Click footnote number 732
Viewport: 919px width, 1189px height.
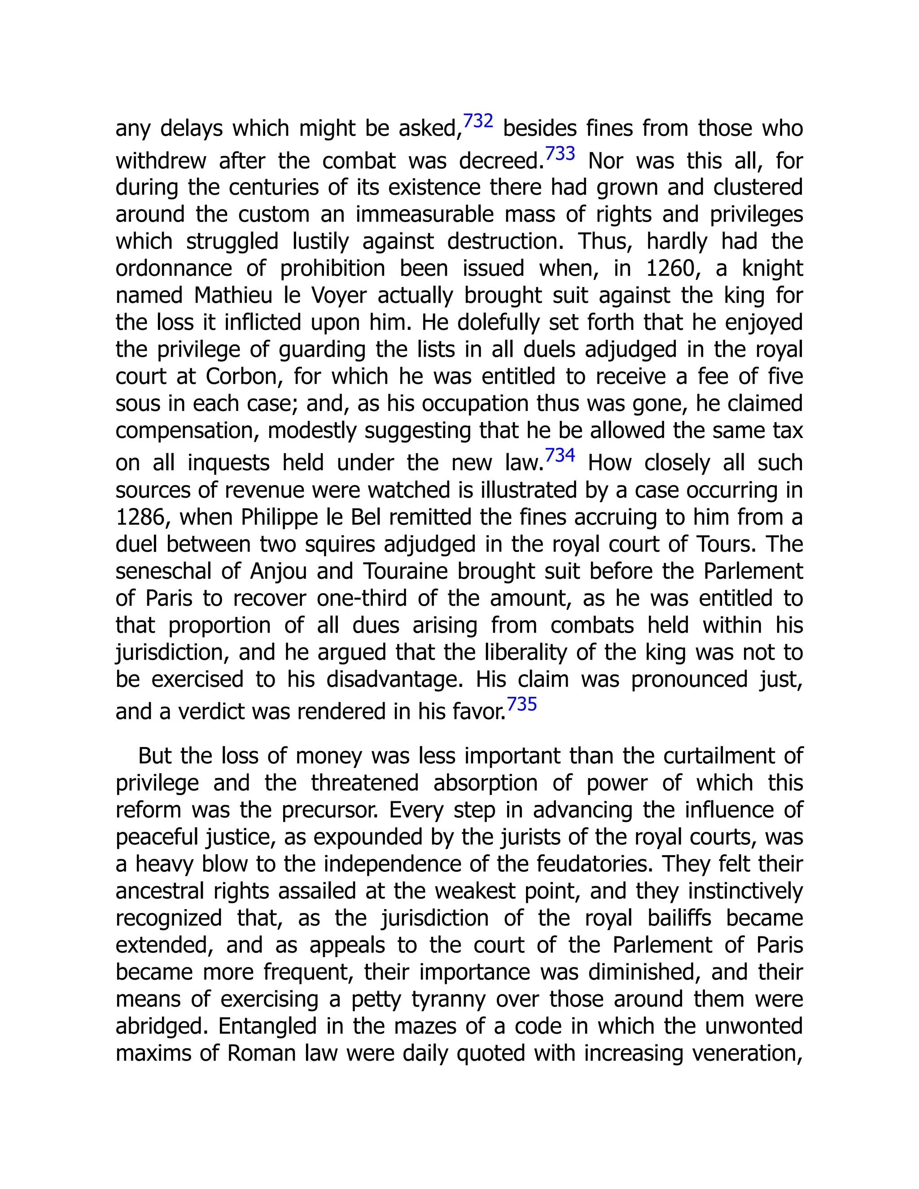(478, 121)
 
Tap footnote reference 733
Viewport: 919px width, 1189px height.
(560, 153)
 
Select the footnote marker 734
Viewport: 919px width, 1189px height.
(560, 455)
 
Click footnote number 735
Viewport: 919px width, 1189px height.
(521, 704)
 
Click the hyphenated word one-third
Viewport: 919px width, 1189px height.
(362, 598)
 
